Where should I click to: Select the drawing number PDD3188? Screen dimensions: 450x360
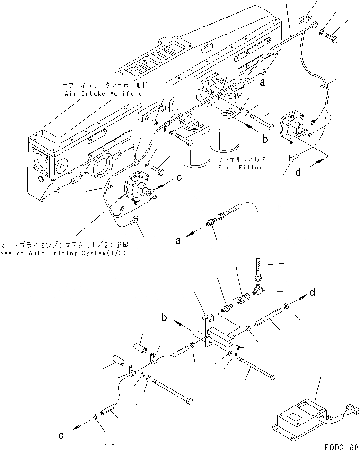(x=342, y=446)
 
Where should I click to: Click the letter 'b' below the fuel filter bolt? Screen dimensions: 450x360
(x=265, y=139)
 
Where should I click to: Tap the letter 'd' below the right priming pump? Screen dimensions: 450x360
(x=298, y=173)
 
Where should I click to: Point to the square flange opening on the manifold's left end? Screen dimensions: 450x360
(x=42, y=162)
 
